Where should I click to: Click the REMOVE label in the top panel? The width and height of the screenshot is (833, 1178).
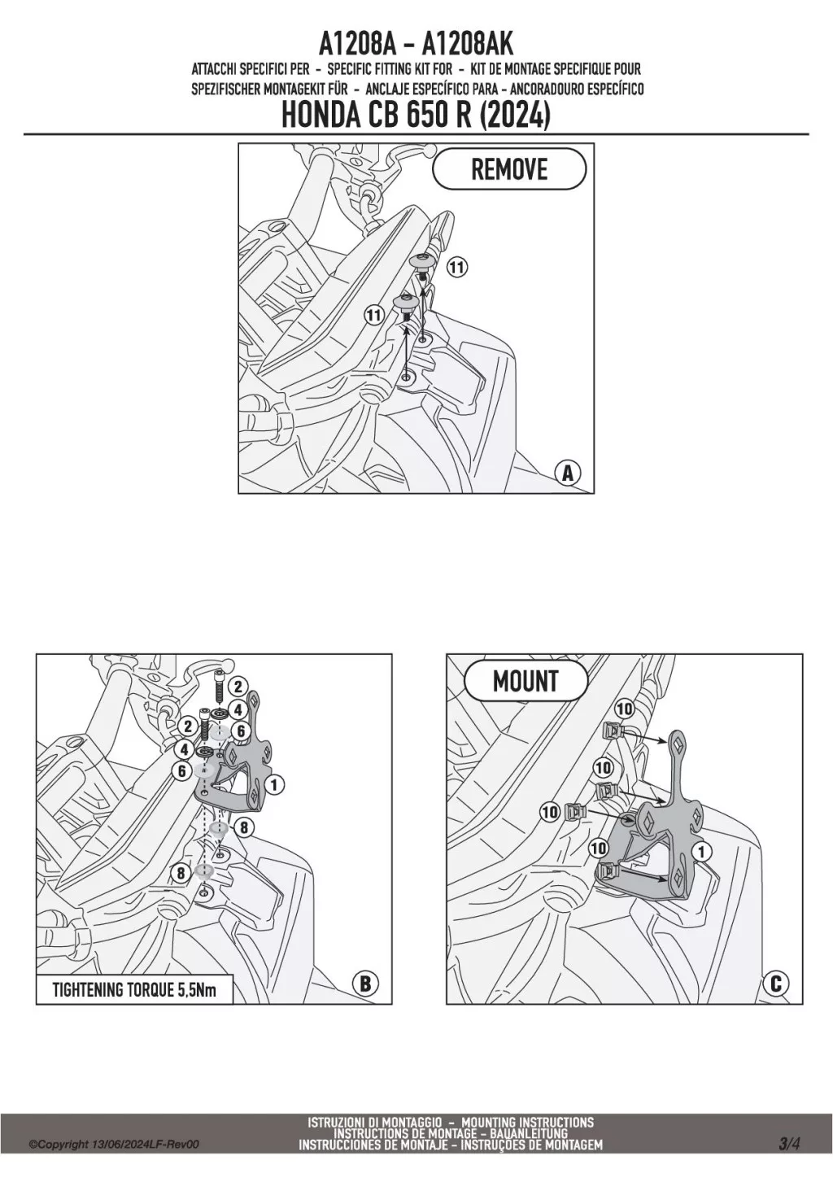tap(509, 169)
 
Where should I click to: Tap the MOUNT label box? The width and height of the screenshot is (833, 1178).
tap(526, 681)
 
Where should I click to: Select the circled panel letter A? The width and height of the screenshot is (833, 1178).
tap(568, 473)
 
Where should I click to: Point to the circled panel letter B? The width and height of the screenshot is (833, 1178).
tap(365, 984)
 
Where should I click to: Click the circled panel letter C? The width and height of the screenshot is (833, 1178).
tap(775, 984)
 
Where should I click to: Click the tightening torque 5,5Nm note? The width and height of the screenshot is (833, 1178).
tap(134, 990)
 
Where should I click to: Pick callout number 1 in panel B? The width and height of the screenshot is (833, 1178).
tap(275, 785)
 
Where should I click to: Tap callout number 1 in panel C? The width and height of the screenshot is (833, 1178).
tap(700, 850)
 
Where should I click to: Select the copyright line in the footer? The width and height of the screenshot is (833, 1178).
tap(114, 1145)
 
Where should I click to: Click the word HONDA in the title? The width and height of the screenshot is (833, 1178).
tap(316, 116)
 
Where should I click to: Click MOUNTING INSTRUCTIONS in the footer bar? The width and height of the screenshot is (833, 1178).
tap(527, 1123)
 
